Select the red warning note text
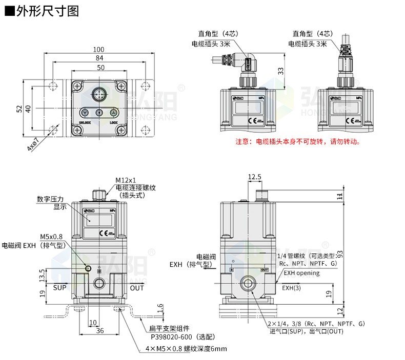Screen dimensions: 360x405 (297, 141)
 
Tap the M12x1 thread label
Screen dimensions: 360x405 (126, 180)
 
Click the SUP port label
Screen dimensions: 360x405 (60, 288)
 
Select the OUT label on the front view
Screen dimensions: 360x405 (137, 288)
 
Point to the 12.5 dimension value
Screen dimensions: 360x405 (255, 177)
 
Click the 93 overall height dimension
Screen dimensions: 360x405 (339, 255)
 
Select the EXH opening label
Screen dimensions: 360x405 (301, 273)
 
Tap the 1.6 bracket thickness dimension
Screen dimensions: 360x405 (160, 308)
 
